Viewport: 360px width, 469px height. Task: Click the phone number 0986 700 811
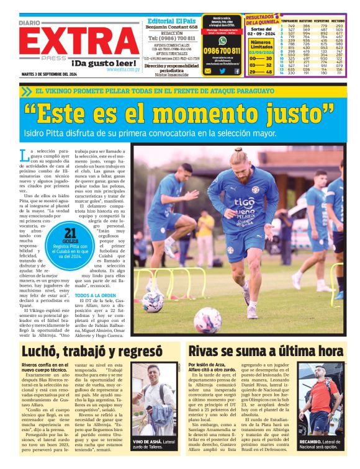click(x=222, y=51)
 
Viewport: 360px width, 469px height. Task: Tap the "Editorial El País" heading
click(x=172, y=19)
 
